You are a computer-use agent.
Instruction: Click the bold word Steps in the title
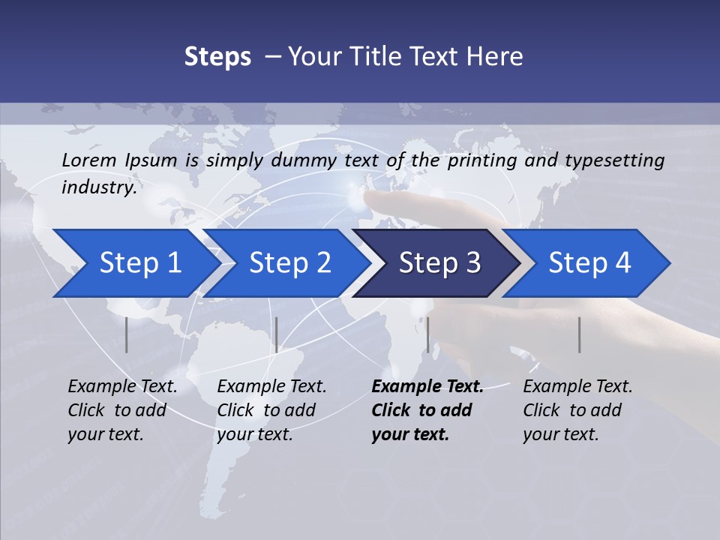point(217,57)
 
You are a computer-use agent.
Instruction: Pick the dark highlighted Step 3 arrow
point(439,263)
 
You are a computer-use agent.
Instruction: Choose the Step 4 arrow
point(589,263)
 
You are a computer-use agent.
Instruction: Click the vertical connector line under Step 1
point(127,334)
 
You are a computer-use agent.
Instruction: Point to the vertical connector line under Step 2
point(277,334)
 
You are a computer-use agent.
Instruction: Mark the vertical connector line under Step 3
point(428,334)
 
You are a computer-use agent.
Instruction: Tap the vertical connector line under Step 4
point(580,334)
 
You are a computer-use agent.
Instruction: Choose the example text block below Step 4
point(577,410)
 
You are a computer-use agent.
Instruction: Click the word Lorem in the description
point(89,160)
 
